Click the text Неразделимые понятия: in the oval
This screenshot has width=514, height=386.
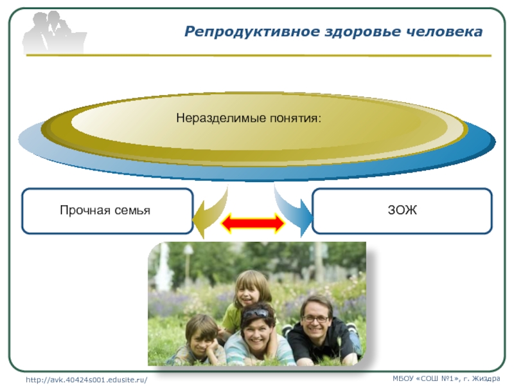pos(249,118)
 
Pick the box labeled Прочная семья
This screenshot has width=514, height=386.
pos(107,211)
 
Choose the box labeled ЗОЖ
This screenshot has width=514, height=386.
pos(402,211)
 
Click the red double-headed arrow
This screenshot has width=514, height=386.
pos(253,223)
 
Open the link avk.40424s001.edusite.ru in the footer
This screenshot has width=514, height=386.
pos(87,380)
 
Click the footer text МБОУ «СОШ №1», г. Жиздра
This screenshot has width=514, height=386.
pos(446,378)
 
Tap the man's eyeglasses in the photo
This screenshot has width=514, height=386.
pos(315,318)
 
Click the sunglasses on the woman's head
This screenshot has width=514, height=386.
pos(256,313)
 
